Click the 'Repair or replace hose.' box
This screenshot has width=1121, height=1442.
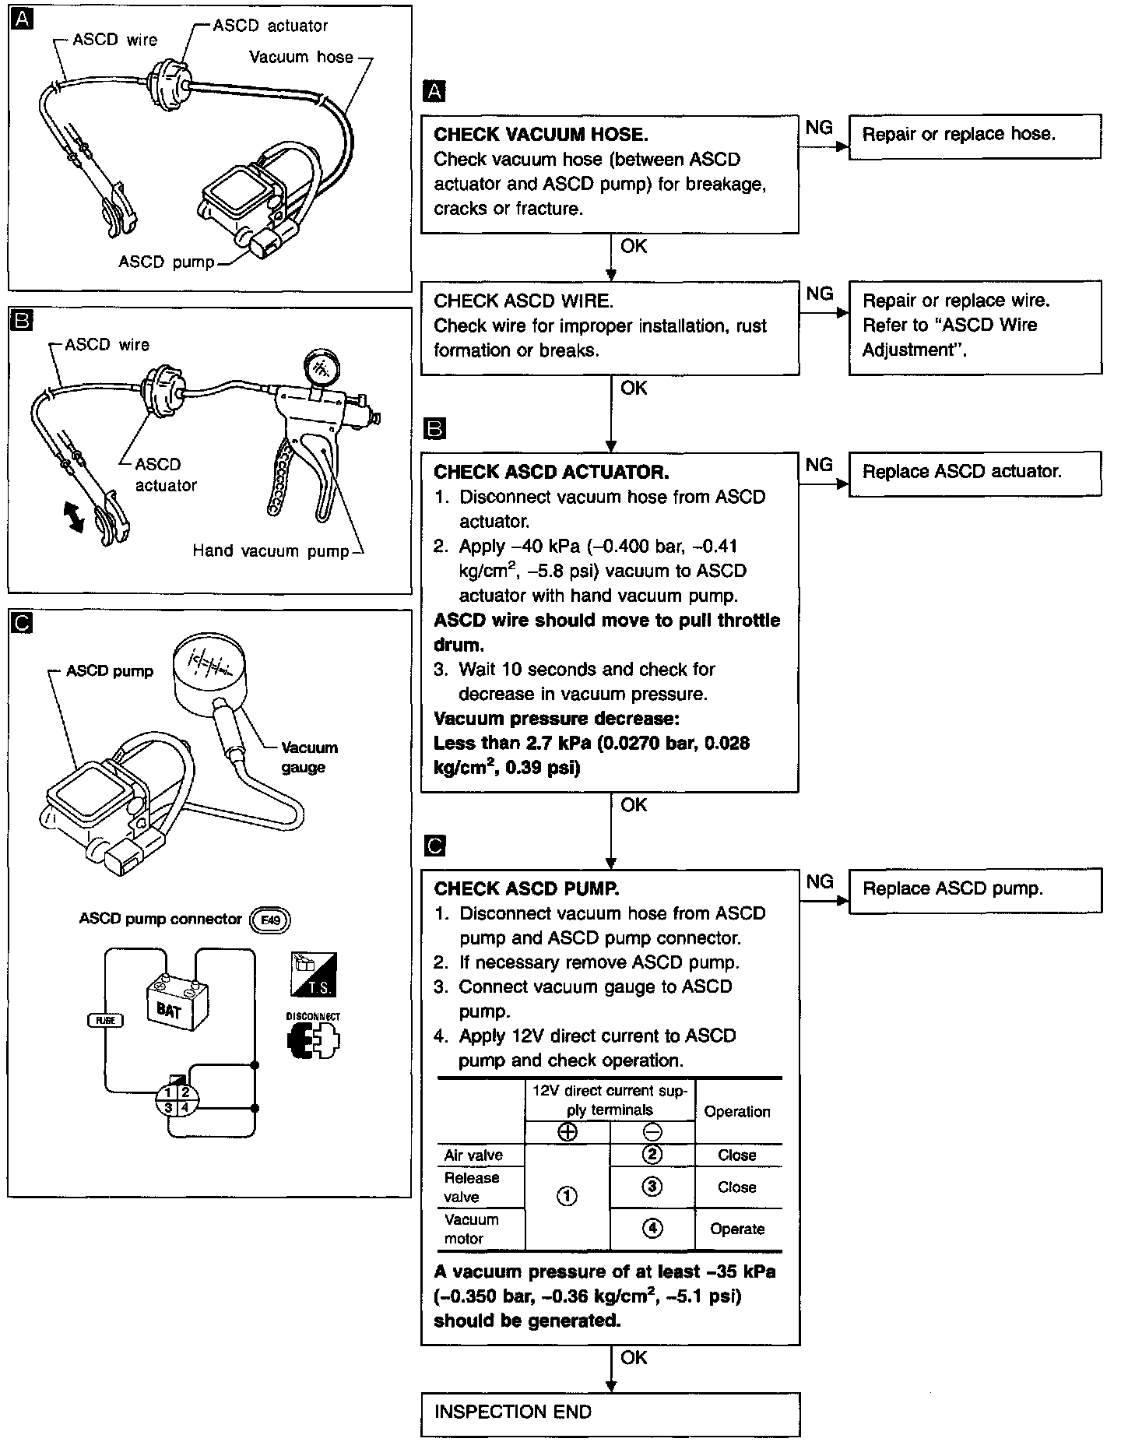click(974, 136)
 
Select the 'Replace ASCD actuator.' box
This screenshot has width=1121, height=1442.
click(974, 473)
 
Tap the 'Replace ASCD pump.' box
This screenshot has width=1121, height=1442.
click(974, 889)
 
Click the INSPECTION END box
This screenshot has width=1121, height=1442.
click(610, 1412)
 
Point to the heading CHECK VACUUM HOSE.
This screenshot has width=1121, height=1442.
click(541, 135)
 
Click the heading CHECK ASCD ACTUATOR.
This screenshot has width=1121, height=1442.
click(551, 472)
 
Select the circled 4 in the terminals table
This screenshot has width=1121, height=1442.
click(652, 1229)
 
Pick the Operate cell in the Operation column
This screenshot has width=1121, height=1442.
click(737, 1229)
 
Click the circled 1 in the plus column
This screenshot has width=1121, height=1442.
click(568, 1196)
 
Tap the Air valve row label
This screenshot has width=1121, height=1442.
click(473, 1155)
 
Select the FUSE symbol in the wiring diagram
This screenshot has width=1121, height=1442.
click(105, 1020)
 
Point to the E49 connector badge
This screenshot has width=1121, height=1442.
click(269, 920)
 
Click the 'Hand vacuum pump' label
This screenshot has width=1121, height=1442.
click(271, 551)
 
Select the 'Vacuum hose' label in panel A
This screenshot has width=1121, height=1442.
click(301, 58)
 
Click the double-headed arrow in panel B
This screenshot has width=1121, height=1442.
click(75, 517)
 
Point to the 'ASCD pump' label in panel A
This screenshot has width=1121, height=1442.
click(166, 262)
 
